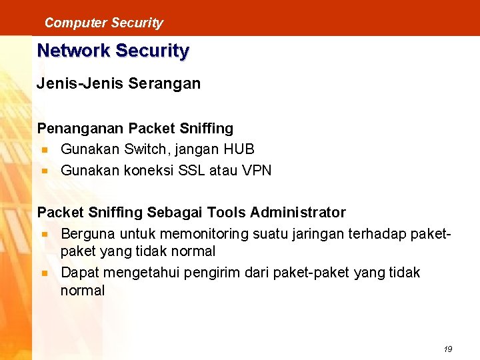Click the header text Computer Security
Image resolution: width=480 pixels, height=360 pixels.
(103, 23)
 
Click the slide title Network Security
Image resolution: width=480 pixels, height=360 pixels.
(113, 51)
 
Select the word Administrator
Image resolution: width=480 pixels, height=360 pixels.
(298, 213)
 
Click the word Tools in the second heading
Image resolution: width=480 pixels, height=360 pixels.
(227, 213)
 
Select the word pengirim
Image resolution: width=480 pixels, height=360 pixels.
(217, 273)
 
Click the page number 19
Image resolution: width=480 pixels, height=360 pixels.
(447, 349)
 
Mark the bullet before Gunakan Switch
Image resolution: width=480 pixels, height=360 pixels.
(45, 150)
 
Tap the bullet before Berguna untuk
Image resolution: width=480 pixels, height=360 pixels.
(45, 235)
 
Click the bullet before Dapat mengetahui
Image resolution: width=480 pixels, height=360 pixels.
(45, 273)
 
